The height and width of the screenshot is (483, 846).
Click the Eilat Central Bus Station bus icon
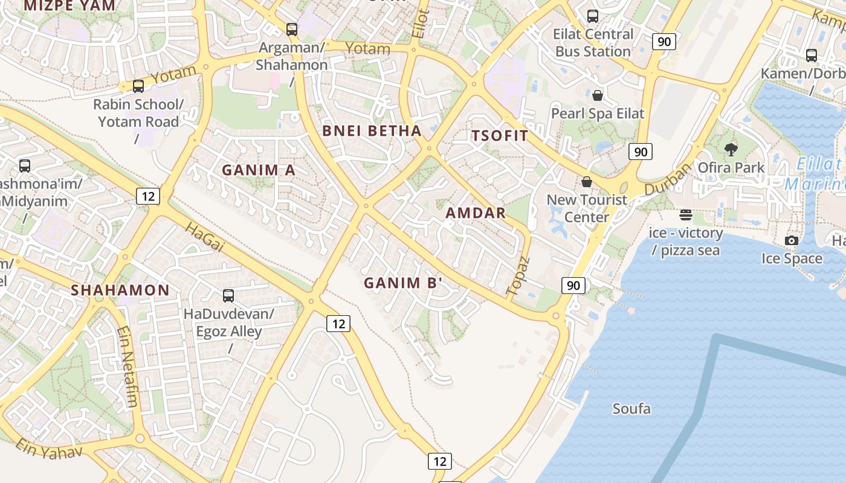coord(593,16)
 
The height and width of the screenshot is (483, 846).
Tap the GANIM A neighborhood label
coord(259,170)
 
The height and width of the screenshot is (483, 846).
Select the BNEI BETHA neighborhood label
coord(372,131)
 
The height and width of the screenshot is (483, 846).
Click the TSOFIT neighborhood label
coord(500,135)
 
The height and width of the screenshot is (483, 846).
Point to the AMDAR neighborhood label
coord(476,213)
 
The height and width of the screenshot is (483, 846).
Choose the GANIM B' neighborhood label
coord(403,283)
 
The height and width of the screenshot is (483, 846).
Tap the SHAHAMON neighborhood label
coord(120,290)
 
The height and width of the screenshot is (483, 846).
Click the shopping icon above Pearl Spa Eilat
coord(598,95)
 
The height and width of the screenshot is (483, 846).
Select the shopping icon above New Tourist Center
coord(586,182)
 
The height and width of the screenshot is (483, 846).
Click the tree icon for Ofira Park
coord(731,149)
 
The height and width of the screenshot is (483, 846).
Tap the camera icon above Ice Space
coord(791,240)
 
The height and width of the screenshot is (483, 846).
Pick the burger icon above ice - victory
coord(685,214)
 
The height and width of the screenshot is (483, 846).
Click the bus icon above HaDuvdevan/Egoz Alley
coord(228,296)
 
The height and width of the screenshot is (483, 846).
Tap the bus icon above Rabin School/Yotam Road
coord(138,86)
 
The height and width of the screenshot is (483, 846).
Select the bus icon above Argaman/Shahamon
coord(292,29)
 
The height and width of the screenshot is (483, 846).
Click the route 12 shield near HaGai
coord(147,196)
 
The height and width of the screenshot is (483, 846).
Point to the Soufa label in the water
coord(631,409)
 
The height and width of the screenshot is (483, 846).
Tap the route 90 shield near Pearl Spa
coord(641,151)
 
